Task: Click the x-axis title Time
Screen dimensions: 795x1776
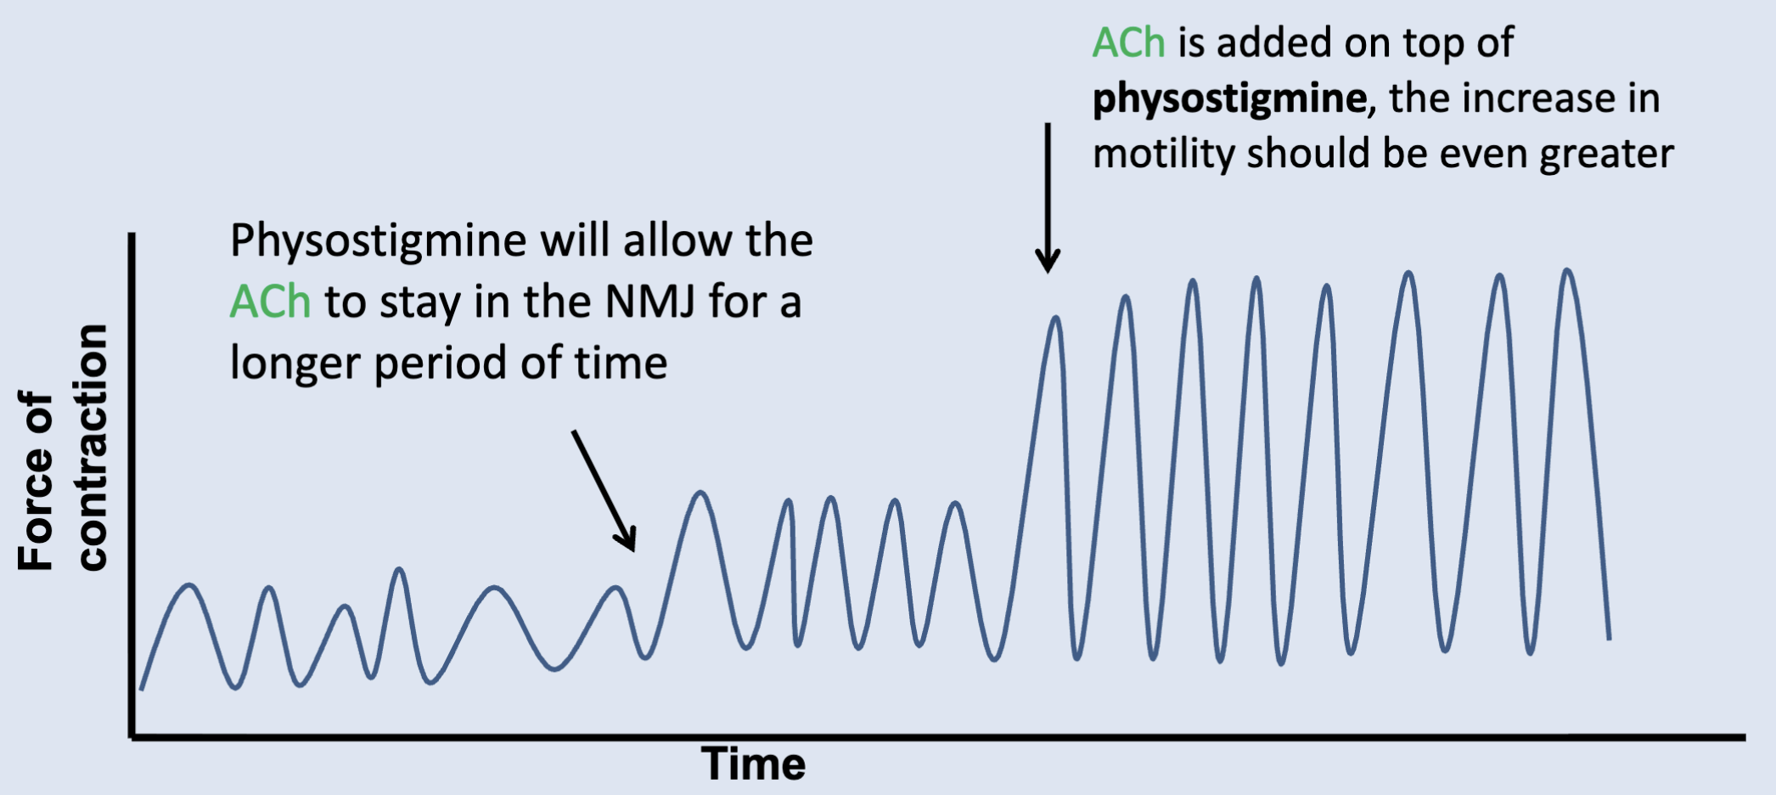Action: click(x=753, y=764)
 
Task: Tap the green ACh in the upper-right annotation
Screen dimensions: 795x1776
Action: click(x=1128, y=42)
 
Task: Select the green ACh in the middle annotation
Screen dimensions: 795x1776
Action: click(x=270, y=302)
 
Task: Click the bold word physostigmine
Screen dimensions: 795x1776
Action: click(x=1229, y=99)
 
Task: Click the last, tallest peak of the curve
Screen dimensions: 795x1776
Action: click(x=1567, y=272)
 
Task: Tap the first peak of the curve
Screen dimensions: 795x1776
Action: click(x=189, y=585)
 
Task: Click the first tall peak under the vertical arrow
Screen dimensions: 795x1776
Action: click(x=1055, y=319)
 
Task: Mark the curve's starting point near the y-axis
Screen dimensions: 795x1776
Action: click(x=141, y=689)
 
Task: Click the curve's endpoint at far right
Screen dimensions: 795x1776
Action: click(x=1609, y=638)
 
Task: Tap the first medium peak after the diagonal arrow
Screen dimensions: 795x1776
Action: click(x=700, y=493)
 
